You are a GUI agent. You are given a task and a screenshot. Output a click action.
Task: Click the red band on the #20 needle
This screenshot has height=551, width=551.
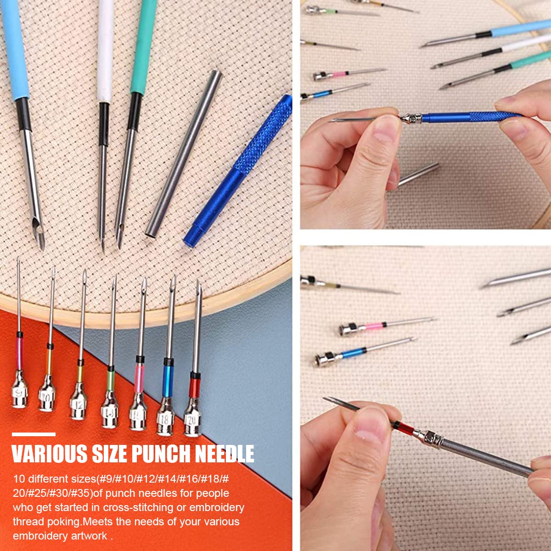195,385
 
